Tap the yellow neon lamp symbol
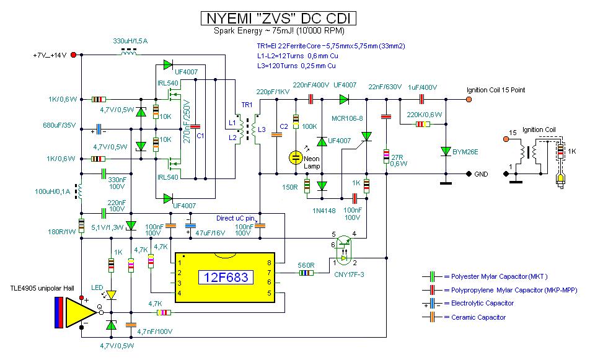[296, 157]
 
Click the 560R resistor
[306, 273]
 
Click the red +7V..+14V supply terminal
[74, 55]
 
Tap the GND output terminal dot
[468, 175]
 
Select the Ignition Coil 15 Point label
[496, 90]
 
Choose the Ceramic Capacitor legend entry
[474, 317]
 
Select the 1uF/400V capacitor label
[421, 87]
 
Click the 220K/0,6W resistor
[421, 124]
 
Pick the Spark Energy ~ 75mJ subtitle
[280, 31]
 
